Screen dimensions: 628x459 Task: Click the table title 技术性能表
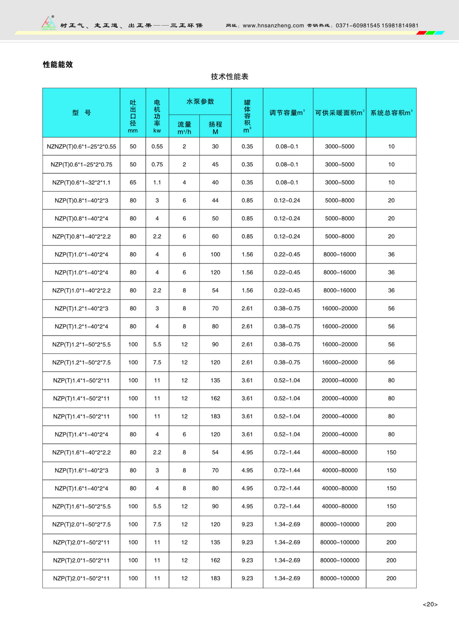pyautogui.click(x=229, y=77)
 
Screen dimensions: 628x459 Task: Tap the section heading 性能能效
pyautogui.click(x=58, y=64)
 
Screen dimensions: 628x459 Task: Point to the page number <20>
pyautogui.click(x=430, y=604)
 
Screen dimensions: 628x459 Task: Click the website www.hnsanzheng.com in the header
pyautogui.click(x=273, y=26)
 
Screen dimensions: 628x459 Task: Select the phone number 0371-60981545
pyautogui.click(x=358, y=26)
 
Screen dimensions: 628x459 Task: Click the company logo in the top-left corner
pyautogui.click(x=49, y=23)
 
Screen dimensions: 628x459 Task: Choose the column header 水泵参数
pyautogui.click(x=200, y=101)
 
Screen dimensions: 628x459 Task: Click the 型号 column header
pyautogui.click(x=81, y=113)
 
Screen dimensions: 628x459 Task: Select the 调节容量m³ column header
pyautogui.click(x=287, y=113)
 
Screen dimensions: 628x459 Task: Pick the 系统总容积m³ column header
pyautogui.click(x=391, y=113)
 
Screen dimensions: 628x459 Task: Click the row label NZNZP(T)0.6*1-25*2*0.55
pyautogui.click(x=81, y=146)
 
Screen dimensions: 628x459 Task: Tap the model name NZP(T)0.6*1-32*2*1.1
pyautogui.click(x=81, y=182)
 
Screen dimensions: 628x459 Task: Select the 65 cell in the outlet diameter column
pyautogui.click(x=133, y=182)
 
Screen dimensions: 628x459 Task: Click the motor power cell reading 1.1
pyautogui.click(x=157, y=182)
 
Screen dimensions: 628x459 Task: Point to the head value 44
pyautogui.click(x=215, y=200)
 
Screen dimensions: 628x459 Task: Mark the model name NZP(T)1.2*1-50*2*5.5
pyautogui.click(x=81, y=344)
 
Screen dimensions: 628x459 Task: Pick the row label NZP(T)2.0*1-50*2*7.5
pyautogui.click(x=81, y=524)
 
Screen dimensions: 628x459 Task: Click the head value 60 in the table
pyautogui.click(x=215, y=236)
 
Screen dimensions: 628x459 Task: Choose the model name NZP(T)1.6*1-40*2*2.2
pyautogui.click(x=81, y=452)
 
